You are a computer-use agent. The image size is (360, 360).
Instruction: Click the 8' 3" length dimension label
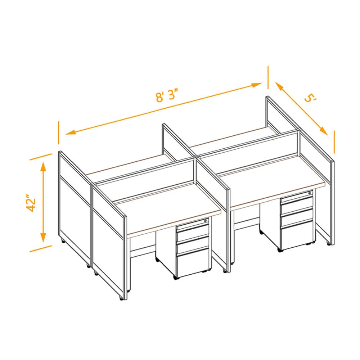(x=167, y=95)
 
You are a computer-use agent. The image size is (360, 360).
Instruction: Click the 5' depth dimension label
(x=310, y=98)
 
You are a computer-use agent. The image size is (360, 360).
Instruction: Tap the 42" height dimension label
(x=31, y=203)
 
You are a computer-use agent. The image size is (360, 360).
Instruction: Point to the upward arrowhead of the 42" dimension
(x=43, y=167)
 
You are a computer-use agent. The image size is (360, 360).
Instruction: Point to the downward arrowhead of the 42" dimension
(x=43, y=237)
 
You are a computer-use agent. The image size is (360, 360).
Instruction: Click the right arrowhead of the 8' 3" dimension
(x=256, y=85)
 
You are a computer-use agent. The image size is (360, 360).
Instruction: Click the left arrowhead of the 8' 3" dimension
(x=71, y=132)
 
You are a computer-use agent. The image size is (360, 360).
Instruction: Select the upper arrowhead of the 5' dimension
(x=279, y=86)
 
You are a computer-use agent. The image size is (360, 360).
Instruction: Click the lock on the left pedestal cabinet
(x=206, y=221)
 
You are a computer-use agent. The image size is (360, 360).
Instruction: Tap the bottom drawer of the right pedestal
(x=297, y=235)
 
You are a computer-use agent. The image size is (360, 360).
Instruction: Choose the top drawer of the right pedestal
(x=297, y=196)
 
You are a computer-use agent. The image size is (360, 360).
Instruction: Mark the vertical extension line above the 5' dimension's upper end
(x=268, y=77)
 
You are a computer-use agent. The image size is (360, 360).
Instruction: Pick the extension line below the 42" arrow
(x=41, y=249)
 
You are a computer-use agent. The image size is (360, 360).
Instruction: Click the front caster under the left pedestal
(x=176, y=278)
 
